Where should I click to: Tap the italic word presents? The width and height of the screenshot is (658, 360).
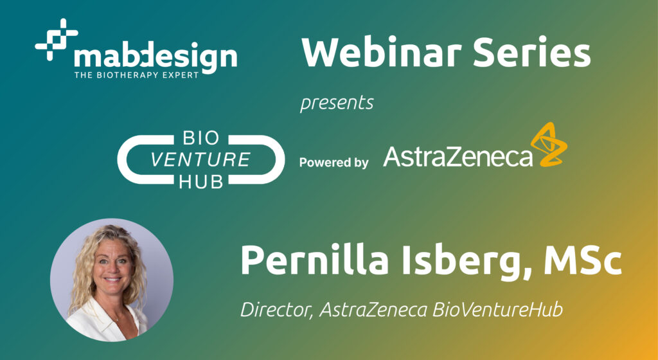coord(337,104)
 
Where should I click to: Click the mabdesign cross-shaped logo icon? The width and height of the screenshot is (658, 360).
coord(57,39)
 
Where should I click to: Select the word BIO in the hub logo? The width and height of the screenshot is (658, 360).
coord(201,139)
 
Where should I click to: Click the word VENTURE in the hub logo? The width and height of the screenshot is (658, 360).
coord(200,160)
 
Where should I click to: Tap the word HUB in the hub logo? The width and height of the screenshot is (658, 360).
coord(201,181)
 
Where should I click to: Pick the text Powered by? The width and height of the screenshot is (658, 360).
coord(334,163)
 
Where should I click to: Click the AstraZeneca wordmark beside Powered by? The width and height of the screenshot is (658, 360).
coord(458,156)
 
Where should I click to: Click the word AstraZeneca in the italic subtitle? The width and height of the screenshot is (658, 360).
coord(373,309)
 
